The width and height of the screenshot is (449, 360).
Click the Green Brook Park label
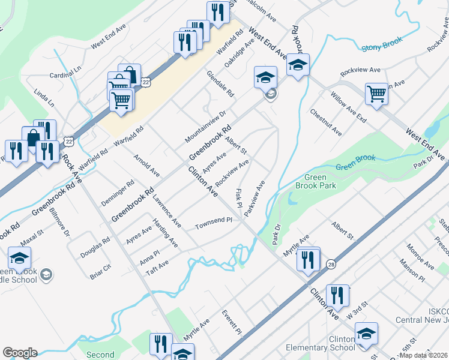pos(315,181)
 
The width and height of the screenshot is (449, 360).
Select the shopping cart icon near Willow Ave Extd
pos(376,94)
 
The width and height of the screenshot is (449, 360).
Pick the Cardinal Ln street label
pos(65,75)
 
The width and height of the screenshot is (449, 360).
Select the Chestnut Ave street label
pos(326,122)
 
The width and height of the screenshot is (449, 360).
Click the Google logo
pos(20,352)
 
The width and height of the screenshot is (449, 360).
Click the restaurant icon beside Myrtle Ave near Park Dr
pos(308,259)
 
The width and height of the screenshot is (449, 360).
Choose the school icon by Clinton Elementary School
pos(366,334)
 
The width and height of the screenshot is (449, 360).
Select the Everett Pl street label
pos(231,323)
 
